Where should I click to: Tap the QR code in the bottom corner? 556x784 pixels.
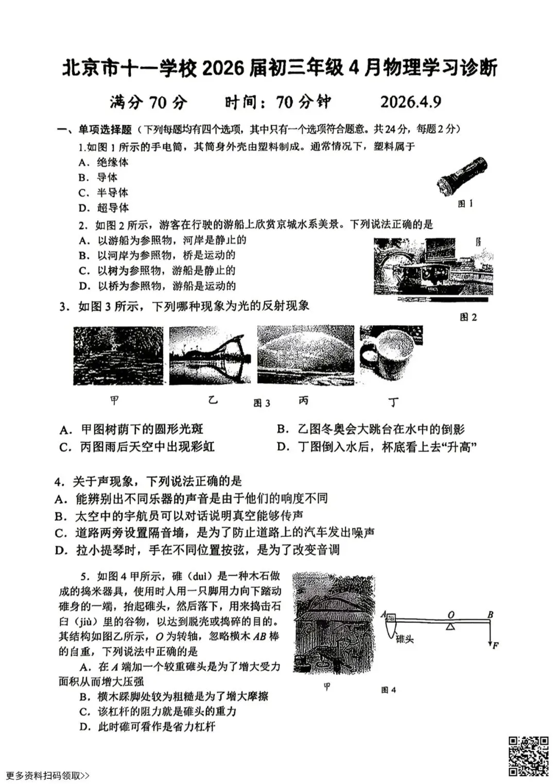point(529,756)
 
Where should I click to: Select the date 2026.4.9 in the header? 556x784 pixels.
point(410,102)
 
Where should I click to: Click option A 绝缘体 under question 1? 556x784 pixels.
point(103,162)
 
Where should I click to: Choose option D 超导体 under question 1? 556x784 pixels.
point(103,208)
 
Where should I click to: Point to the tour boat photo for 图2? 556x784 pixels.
point(433,266)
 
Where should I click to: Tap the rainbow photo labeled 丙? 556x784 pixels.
point(306,355)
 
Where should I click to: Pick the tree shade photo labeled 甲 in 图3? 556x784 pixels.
point(118,356)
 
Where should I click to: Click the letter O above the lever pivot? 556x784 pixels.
point(451,615)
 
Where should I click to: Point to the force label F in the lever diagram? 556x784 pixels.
point(495,646)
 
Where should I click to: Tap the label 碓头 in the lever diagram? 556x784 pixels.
point(405,639)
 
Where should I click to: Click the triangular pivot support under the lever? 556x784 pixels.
point(451,626)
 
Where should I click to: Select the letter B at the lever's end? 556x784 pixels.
point(490,614)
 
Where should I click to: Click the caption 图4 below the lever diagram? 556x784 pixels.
point(388,690)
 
